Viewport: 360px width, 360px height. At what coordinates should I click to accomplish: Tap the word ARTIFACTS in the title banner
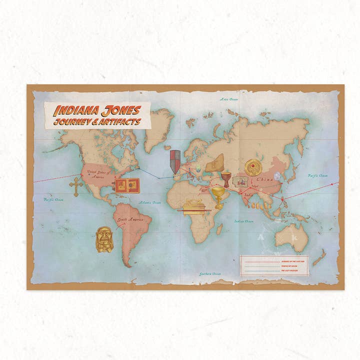(120, 121)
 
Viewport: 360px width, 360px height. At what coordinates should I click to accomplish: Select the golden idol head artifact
(104, 239)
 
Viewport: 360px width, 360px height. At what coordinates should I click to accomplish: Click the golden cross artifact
(76, 186)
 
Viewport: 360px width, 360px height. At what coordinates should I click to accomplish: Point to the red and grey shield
(175, 161)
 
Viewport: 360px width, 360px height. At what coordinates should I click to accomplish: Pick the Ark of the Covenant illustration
(194, 206)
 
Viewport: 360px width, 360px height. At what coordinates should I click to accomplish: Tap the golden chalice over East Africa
(218, 195)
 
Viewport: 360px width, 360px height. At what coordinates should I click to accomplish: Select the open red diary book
(127, 185)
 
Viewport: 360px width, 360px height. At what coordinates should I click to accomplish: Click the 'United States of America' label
(98, 174)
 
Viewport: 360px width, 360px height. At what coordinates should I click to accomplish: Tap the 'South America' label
(127, 219)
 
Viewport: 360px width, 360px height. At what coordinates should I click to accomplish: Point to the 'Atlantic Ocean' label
(149, 202)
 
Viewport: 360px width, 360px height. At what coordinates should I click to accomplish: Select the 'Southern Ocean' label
(209, 274)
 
